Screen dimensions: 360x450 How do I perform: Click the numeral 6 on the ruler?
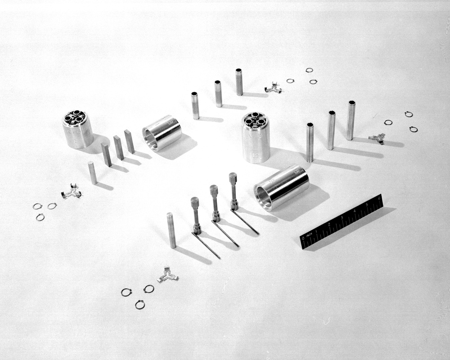(379, 198)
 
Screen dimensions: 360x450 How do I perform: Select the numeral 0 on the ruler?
(303, 238)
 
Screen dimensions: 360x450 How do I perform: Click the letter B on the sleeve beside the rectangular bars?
(170, 122)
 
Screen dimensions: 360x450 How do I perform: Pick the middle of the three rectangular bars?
(118, 148)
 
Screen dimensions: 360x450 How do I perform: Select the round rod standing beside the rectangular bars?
(92, 173)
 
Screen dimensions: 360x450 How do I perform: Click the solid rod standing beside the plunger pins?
(171, 230)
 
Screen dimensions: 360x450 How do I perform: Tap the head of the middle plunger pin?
(214, 190)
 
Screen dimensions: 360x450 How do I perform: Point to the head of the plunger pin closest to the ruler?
(233, 178)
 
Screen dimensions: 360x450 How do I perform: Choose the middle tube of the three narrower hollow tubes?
(218, 94)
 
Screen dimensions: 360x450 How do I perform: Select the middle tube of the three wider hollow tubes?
(331, 130)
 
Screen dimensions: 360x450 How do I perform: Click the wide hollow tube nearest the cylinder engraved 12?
(310, 142)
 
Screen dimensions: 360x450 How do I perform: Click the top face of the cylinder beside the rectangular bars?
(75, 117)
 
